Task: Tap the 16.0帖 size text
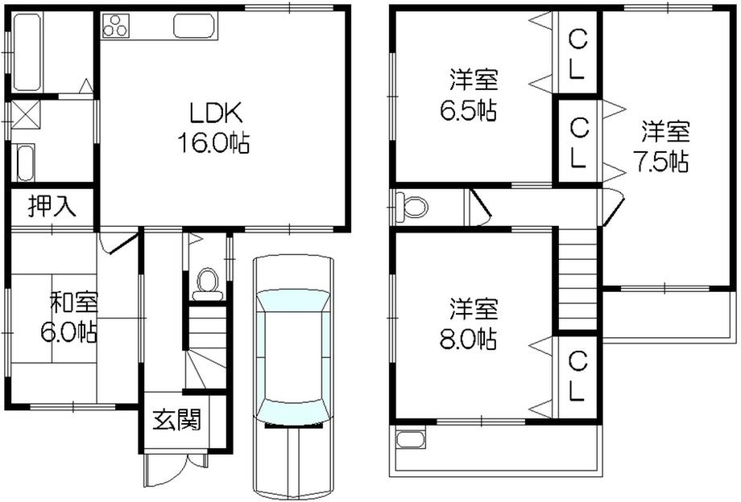[213, 143]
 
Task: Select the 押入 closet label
[52, 207]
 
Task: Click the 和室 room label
[74, 303]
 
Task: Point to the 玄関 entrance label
[177, 419]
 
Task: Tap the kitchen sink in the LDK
[194, 27]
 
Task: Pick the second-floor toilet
[412, 208]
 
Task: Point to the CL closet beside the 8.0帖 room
[577, 377]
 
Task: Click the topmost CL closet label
[577, 53]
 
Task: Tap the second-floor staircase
[577, 278]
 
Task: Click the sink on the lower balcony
[411, 439]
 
